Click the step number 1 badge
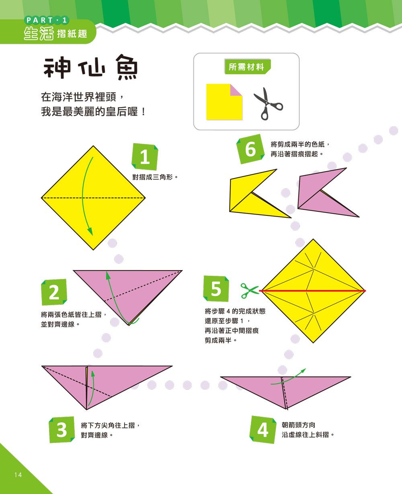pyautogui.click(x=145, y=157)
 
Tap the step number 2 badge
pyautogui.click(x=54, y=292)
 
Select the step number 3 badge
pyautogui.click(x=62, y=430)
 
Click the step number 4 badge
pyautogui.click(x=263, y=430)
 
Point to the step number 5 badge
pyautogui.click(x=216, y=289)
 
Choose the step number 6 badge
pyautogui.click(x=250, y=149)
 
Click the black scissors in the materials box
pyautogui.click(x=268, y=103)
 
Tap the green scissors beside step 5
pyautogui.click(x=250, y=290)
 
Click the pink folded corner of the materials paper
pyautogui.click(x=236, y=90)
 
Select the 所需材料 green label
pyautogui.click(x=246, y=67)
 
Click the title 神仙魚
pyautogui.click(x=91, y=67)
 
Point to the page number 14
pyautogui.click(x=18, y=475)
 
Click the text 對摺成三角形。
pyautogui.click(x=155, y=177)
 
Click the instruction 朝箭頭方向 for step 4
pyautogui.click(x=298, y=425)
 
